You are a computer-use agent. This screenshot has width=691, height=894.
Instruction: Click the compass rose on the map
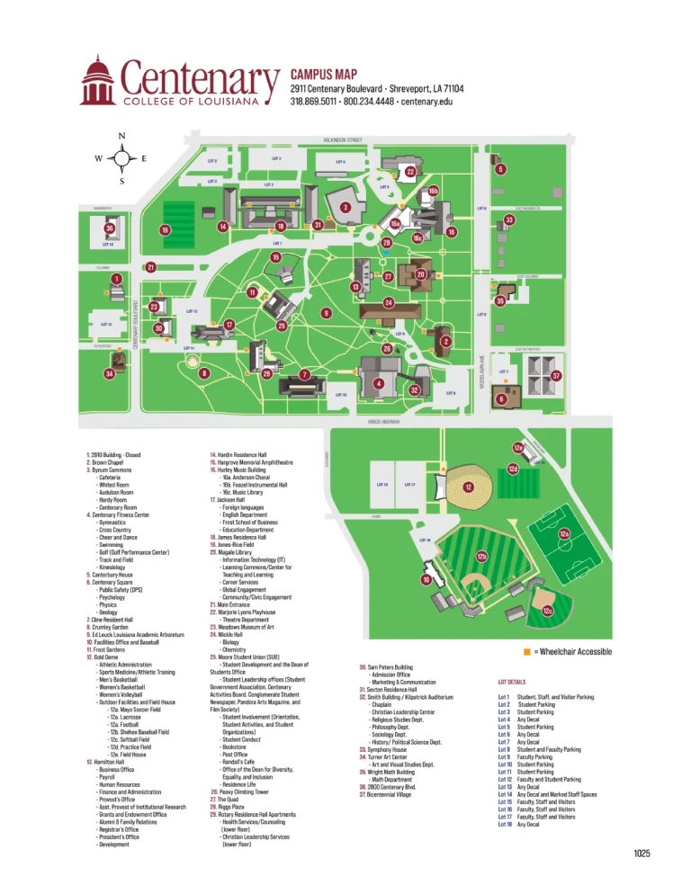point(121,159)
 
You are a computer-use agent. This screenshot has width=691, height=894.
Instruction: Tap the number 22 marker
point(410,172)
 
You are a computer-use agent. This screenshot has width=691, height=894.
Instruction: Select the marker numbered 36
point(109,228)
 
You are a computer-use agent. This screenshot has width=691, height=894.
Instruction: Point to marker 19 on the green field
point(166,231)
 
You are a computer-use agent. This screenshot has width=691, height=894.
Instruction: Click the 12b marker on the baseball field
point(481,558)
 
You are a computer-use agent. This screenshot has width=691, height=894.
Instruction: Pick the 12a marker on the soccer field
point(564,534)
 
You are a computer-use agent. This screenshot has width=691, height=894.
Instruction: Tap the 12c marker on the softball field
point(547,612)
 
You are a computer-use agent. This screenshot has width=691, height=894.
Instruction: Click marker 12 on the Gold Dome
point(469,487)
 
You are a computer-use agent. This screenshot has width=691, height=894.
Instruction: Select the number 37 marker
point(556,375)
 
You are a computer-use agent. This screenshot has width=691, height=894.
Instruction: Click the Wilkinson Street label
point(342,140)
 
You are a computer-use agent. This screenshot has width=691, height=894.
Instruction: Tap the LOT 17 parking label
point(409,485)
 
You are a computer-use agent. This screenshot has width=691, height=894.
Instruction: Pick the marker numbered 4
point(379,384)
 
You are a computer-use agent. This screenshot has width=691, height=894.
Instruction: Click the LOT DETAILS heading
point(511,683)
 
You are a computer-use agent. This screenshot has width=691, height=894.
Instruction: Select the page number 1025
point(642,853)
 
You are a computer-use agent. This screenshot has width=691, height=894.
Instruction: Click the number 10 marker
point(426,580)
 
